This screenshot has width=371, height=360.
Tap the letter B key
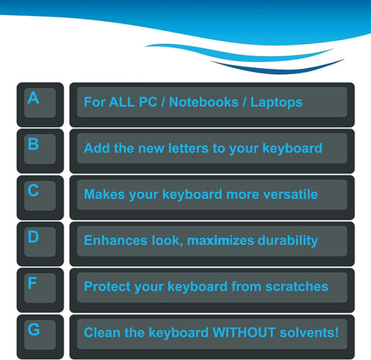39,149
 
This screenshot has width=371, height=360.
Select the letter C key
39,196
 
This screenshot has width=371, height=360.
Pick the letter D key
39,242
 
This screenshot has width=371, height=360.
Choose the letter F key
39,288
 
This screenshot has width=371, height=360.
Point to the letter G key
39,334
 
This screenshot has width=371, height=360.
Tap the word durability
287,241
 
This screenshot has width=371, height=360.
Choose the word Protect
108,287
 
